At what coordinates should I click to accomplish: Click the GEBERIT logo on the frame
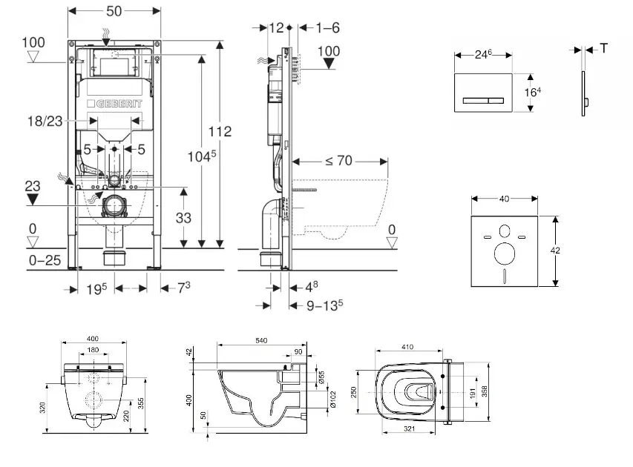[x=114, y=104]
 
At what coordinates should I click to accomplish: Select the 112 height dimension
[x=221, y=131]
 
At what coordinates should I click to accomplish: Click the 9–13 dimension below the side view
[x=324, y=304]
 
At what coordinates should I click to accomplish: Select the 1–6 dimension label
[x=327, y=27]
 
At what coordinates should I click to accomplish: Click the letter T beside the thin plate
[x=603, y=48]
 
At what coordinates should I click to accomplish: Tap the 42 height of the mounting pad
[x=555, y=251]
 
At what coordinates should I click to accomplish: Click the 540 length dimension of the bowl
[x=261, y=340]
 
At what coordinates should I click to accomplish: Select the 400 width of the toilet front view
[x=94, y=339]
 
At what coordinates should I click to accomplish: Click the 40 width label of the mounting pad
[x=505, y=198]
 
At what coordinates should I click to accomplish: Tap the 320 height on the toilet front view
[x=45, y=407]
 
